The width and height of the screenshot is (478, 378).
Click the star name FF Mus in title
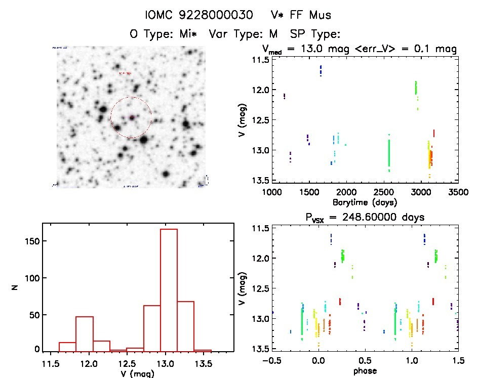pos(310,16)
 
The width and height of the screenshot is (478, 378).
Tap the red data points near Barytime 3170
pos(434,134)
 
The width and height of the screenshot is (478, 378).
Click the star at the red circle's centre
pos(131,117)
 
